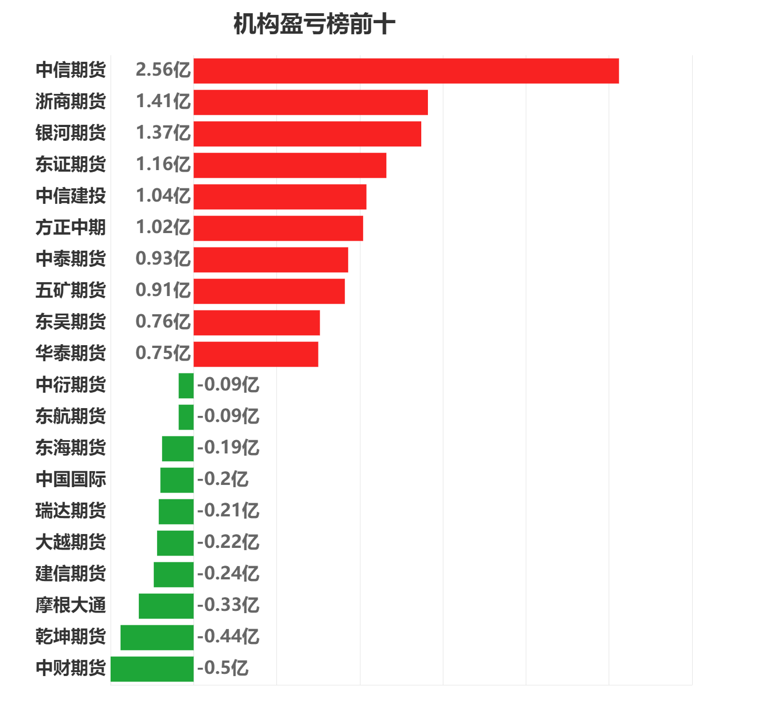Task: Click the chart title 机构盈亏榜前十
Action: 314,25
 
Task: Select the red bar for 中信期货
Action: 406,71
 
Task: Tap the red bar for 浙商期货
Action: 311,102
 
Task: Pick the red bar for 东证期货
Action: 290,165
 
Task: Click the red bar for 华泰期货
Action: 256,354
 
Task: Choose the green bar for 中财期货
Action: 152,669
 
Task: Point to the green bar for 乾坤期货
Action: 157,637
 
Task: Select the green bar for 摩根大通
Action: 166,606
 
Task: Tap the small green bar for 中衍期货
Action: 186,386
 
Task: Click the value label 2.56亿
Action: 163,70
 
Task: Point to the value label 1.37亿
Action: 163,133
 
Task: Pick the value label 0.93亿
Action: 163,259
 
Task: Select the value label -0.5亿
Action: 223,668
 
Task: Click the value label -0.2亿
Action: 223,479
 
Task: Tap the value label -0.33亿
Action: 228,605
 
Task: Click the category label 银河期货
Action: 70,133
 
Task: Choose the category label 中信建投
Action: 70,196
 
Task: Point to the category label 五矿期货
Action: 70,291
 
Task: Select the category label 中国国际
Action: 70,479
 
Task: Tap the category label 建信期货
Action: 70,574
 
